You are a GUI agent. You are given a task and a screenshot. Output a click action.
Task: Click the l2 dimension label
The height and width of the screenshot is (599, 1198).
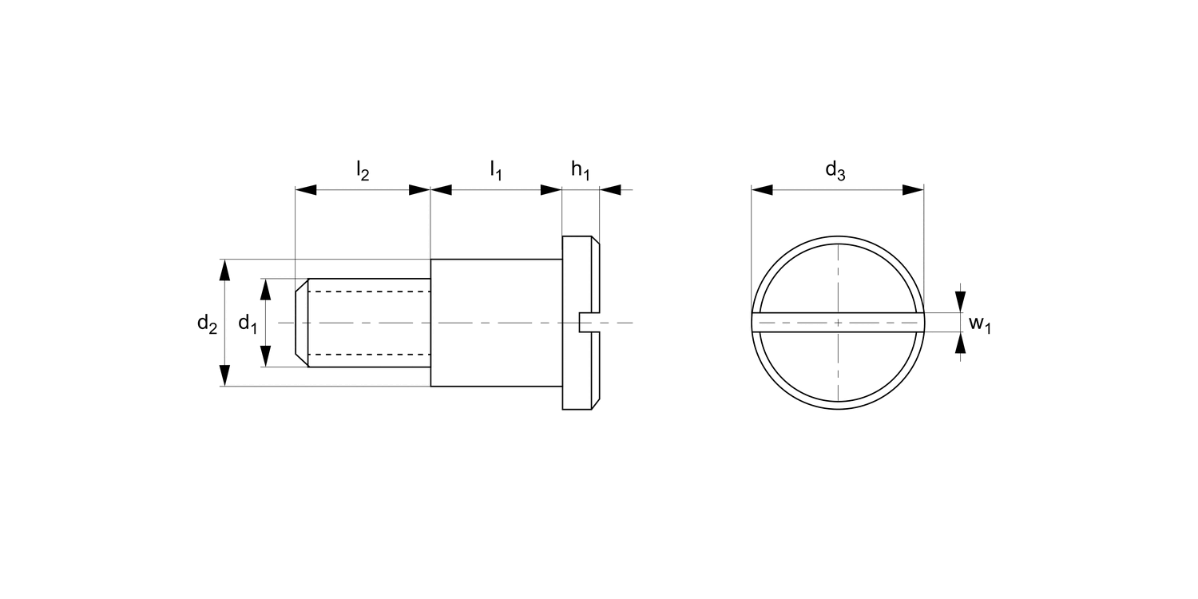363,171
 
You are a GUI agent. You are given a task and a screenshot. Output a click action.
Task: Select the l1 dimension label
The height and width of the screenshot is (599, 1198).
496,171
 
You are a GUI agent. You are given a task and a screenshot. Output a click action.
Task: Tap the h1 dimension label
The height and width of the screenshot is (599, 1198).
581,171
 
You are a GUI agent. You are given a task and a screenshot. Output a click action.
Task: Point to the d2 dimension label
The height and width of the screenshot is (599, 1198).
208,323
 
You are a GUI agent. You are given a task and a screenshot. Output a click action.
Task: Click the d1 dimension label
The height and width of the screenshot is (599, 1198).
248,323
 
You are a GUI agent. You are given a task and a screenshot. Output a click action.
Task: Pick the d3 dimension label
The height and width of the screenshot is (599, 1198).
835,171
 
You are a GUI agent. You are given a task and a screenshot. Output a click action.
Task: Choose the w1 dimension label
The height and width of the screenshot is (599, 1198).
980,323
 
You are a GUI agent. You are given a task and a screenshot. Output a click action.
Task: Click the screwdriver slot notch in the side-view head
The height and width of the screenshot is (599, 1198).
585,323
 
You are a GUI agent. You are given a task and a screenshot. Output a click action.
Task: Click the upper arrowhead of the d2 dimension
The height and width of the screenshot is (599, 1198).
225,271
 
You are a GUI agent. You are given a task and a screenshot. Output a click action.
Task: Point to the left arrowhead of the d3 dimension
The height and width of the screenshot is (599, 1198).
763,190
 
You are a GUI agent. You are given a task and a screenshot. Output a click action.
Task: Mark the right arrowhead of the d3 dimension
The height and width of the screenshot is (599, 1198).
913,190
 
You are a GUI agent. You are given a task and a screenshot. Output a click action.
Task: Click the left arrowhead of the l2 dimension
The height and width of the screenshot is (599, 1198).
307,190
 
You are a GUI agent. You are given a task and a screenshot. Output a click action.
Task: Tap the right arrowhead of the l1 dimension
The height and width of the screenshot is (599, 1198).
551,190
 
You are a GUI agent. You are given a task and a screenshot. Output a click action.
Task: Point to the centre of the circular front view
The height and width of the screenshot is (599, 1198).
838,323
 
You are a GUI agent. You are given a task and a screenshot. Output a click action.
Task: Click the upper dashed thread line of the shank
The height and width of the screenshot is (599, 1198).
369,292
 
